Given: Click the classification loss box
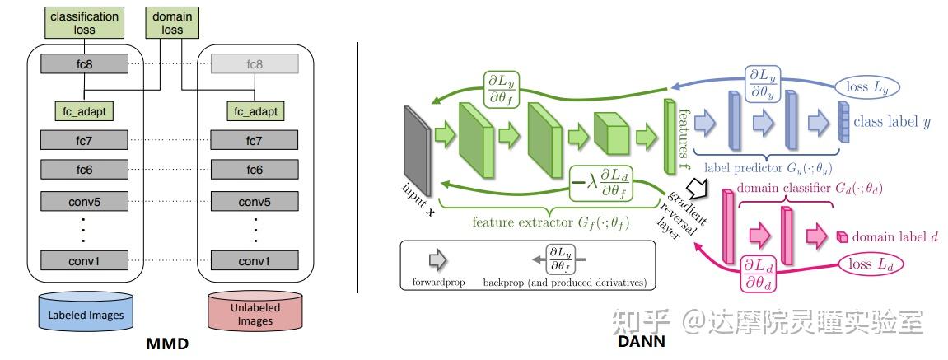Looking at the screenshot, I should pyautogui.click(x=84, y=23).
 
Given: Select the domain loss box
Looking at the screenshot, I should pyautogui.click(x=173, y=23).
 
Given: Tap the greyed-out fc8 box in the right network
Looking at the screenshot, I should pyautogui.click(x=254, y=64).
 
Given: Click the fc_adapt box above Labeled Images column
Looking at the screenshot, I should pyautogui.click(x=84, y=110).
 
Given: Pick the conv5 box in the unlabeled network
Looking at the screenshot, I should pyautogui.click(x=254, y=200).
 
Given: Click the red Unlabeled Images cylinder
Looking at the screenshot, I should pyautogui.click(x=255, y=314).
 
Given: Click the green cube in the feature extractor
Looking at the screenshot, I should pyautogui.click(x=611, y=133).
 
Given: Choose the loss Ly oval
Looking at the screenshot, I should pyautogui.click(x=866, y=87).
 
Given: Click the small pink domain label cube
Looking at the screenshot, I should pyautogui.click(x=842, y=237).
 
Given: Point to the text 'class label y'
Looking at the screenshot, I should pyautogui.click(x=892, y=122).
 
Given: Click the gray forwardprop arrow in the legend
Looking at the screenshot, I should pyautogui.click(x=437, y=259).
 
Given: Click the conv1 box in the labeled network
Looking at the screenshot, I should pyautogui.click(x=84, y=261).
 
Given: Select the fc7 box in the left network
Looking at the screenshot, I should pyautogui.click(x=84, y=140).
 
